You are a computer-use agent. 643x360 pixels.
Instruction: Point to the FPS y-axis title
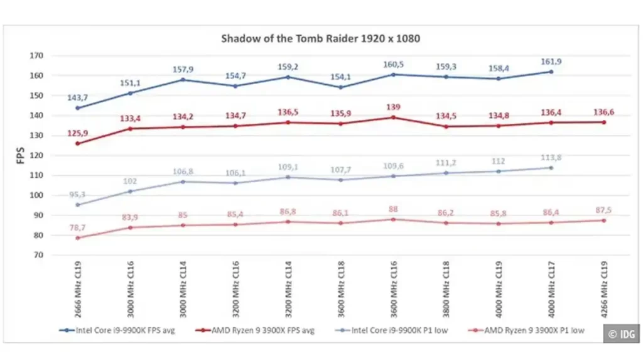(x=21, y=156)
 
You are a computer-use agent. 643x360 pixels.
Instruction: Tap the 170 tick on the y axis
(x=36, y=55)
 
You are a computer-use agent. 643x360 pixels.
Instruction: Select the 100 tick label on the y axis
(x=36, y=195)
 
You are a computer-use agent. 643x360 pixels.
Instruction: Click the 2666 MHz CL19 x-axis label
(x=78, y=289)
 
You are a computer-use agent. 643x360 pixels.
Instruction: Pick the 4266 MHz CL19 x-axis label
(x=603, y=289)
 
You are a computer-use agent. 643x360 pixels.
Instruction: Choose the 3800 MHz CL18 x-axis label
(x=446, y=289)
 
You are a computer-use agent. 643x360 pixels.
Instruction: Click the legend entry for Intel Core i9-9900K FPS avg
(x=117, y=330)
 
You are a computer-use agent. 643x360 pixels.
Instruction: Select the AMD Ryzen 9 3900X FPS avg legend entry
(x=255, y=330)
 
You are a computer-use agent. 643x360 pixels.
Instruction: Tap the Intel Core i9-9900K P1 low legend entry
(x=392, y=330)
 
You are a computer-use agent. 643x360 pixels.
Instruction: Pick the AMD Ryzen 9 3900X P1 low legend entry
(x=526, y=330)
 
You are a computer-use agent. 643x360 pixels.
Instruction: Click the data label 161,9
(x=551, y=62)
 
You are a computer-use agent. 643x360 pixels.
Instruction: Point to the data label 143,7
(x=77, y=98)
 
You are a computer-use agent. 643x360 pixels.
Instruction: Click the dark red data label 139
(x=393, y=107)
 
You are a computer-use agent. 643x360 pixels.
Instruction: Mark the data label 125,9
(x=77, y=133)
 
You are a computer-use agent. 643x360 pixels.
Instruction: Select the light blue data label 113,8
(x=551, y=158)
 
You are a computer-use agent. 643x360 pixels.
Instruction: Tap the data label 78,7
(x=77, y=228)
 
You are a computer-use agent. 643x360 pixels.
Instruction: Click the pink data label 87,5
(x=603, y=210)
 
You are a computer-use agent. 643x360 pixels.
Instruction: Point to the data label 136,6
(x=603, y=112)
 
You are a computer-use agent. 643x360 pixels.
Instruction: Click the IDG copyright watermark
(x=621, y=334)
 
